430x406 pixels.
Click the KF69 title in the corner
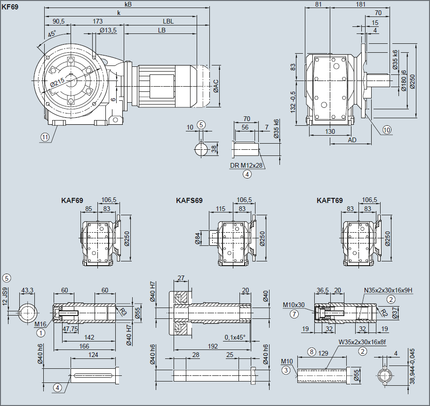tap(10, 7)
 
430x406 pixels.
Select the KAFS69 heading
tap(189, 200)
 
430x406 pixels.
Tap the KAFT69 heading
tap(330, 200)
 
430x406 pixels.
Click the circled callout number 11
tap(45, 137)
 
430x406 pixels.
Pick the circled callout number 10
tap(387, 130)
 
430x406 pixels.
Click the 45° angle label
tap(52, 34)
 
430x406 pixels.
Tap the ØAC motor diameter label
tap(216, 86)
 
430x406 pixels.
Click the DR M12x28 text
tap(247, 166)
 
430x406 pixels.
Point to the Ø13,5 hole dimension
tap(108, 31)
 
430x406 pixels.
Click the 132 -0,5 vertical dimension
tap(293, 102)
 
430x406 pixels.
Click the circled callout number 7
tap(294, 314)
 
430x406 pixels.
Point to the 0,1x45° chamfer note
tap(235, 337)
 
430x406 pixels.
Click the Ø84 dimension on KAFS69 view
tap(197, 239)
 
